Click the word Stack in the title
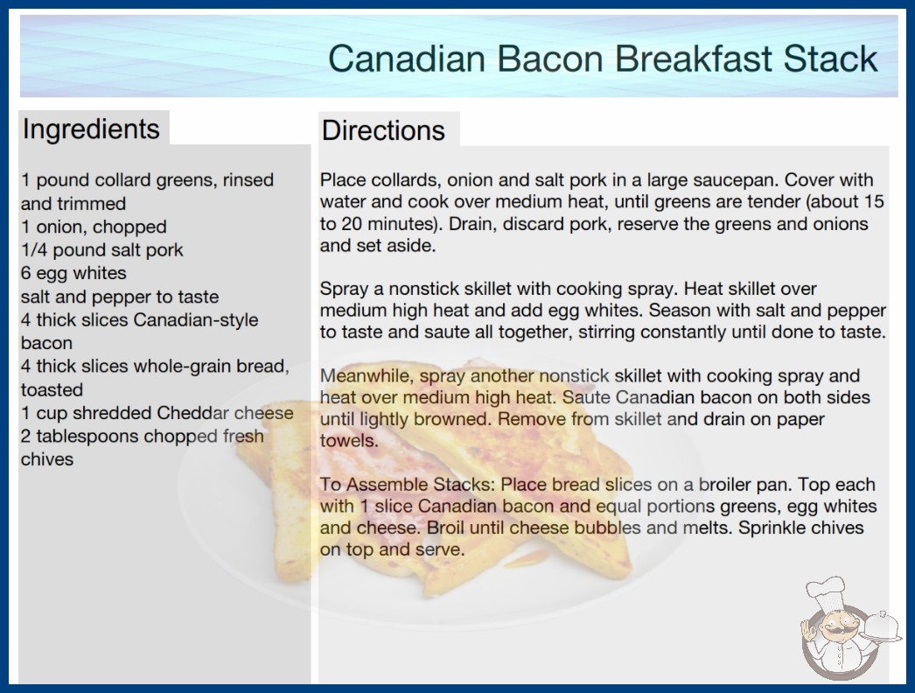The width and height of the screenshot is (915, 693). coord(830,59)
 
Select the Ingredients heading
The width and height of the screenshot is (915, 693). coord(91,129)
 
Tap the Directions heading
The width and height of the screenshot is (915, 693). coord(383,130)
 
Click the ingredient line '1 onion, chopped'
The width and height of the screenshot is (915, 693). coord(94,227)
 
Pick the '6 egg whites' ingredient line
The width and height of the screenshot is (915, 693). coord(73,273)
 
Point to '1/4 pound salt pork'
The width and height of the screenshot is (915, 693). coord(102,250)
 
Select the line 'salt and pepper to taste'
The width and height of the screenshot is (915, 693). coord(120,297)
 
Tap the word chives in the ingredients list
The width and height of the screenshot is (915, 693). coord(47,459)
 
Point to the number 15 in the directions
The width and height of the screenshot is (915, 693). coord(874,201)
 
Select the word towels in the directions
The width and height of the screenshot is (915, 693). coord(347,441)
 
